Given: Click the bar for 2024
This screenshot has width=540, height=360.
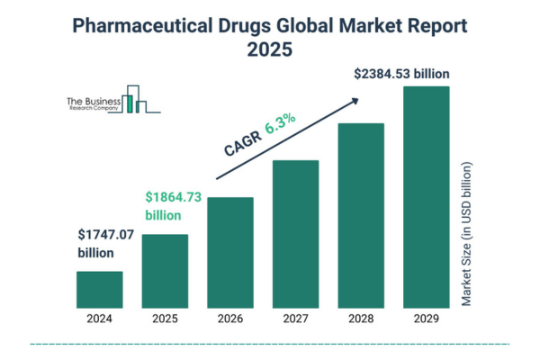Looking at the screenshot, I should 99,289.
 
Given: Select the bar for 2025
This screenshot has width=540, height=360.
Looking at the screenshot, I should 165,271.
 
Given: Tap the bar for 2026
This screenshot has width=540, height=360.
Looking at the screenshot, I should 230,252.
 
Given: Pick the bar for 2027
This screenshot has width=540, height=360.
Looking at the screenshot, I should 295,234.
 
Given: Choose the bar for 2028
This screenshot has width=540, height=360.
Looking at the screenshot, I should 361,215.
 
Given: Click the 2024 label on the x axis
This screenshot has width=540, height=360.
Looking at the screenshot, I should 99,318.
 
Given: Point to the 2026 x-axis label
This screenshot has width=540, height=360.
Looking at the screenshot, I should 230,318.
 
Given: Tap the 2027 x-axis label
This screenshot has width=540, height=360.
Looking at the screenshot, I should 295,318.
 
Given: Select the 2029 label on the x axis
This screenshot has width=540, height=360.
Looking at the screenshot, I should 426,318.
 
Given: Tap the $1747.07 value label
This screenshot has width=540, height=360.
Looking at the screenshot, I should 104,237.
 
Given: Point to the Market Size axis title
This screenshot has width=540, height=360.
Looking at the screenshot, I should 465,235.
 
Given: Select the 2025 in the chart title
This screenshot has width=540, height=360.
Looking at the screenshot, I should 270,50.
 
